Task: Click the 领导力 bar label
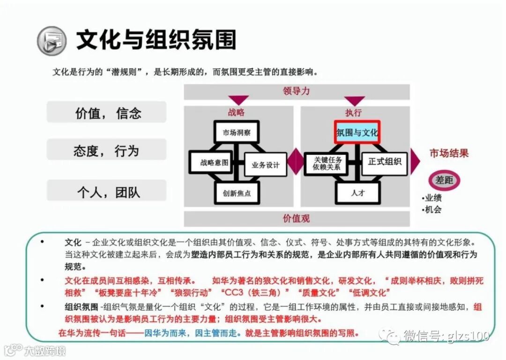296,91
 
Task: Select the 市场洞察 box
237,132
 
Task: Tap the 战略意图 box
211,163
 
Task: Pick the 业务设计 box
265,165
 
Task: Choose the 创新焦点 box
237,193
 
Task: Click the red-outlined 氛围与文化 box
357,132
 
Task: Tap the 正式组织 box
385,162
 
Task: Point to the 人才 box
357,192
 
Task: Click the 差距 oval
445,180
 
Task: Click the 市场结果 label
449,154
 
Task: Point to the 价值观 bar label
296,219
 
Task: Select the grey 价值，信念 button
107,113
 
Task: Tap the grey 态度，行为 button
107,151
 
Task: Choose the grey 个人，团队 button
107,191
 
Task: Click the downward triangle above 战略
238,100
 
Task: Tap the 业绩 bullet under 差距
433,198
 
